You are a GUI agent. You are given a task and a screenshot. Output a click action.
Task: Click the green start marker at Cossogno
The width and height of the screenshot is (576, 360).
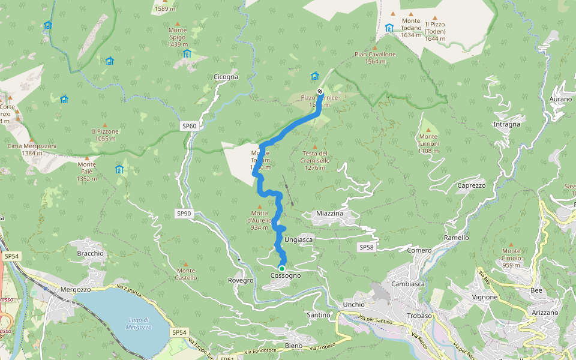281,268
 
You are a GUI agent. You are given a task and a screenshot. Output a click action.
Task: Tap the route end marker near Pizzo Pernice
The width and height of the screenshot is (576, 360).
320,92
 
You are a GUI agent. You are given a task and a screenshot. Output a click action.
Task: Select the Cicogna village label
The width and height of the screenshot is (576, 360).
226,77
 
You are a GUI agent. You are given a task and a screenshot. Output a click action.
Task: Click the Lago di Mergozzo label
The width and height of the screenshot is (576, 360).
139,323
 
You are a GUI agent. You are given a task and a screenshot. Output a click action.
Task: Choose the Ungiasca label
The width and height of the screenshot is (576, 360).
298,239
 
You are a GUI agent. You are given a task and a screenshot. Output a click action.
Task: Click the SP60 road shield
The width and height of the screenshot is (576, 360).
189,126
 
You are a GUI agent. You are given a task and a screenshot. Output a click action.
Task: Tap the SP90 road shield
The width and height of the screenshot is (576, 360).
184,214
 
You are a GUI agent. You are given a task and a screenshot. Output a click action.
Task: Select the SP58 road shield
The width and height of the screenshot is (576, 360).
366,247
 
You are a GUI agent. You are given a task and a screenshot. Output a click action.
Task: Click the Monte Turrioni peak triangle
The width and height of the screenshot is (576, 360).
428,129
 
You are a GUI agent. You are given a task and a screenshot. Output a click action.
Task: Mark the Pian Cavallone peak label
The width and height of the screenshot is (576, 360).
375,54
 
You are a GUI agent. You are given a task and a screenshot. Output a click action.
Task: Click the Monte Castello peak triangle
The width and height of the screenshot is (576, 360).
186,263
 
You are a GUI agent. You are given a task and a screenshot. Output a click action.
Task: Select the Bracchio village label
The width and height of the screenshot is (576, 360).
90,253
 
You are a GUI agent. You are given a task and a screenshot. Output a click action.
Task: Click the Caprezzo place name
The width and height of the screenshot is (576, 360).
471,185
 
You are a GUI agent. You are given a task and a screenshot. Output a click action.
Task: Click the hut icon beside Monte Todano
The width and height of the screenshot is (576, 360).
389,28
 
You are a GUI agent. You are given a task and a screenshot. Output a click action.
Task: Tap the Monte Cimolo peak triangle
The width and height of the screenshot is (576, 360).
511,244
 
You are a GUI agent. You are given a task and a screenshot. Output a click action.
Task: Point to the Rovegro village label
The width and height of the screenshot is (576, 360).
241,280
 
